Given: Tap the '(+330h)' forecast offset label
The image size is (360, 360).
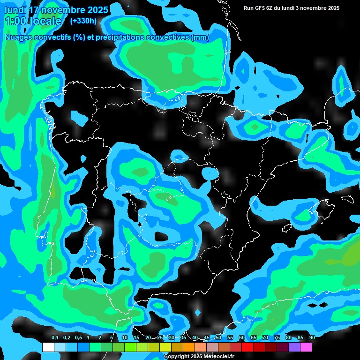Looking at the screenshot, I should (x=83, y=21).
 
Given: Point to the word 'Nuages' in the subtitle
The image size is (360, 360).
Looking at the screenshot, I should (x=18, y=37).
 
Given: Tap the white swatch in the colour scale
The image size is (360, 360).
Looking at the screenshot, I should (x=48, y=347).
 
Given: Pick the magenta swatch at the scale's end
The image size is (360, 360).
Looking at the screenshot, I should (x=306, y=347).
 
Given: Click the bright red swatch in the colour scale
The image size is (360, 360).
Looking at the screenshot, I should (x=247, y=347).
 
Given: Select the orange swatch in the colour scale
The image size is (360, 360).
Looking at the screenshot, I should (x=188, y=347).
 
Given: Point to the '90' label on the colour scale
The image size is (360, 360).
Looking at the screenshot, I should (x=312, y=338).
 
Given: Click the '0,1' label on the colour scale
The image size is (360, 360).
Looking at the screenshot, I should (x=54, y=338).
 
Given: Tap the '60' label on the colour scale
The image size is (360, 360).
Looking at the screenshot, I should (x=241, y=338).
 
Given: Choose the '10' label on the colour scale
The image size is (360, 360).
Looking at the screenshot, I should (x=124, y=338).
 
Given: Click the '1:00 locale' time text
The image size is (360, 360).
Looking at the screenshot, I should (x=33, y=21).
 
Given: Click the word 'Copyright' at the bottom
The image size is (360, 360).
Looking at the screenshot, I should (x=176, y=356).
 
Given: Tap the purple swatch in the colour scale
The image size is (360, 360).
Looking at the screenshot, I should (x=294, y=347).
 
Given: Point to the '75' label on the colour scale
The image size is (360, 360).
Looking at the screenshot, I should (x=277, y=338).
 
